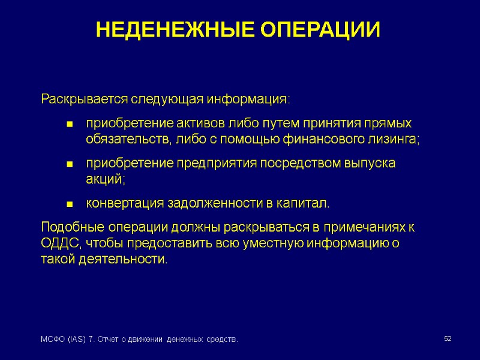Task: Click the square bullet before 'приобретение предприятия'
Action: tap(70, 164)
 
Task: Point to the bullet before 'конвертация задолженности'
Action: tap(70, 205)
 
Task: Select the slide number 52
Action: tap(447, 340)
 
